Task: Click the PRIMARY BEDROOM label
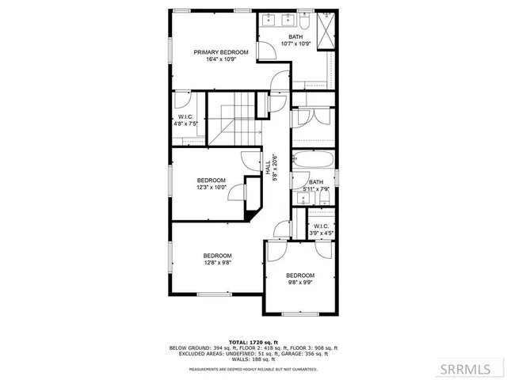221,52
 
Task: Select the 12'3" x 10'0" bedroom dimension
212,188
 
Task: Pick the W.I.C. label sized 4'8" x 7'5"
185,123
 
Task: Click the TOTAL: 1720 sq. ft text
253,342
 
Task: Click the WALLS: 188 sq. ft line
253,359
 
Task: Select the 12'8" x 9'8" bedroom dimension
217,262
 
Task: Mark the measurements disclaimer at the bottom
253,369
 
